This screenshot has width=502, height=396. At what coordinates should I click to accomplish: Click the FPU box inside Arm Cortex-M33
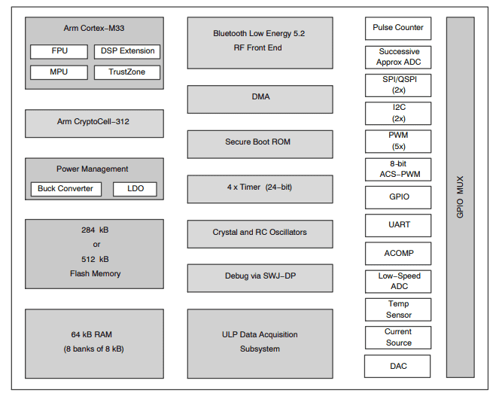[59, 52]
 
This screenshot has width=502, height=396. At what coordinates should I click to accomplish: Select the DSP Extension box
[127, 52]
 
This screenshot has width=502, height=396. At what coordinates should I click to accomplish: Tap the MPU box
[59, 73]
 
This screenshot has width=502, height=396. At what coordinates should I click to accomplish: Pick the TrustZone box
[127, 73]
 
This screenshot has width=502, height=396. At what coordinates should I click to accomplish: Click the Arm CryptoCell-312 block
[94, 122]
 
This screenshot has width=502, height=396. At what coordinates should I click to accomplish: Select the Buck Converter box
[65, 189]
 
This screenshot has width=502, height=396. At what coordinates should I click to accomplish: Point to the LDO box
[135, 189]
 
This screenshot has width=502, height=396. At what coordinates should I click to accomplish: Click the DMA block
[260, 98]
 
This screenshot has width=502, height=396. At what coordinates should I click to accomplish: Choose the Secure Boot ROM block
[260, 142]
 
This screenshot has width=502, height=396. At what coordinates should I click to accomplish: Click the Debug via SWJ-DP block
[260, 277]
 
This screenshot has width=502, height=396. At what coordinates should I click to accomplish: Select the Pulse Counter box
[398, 28]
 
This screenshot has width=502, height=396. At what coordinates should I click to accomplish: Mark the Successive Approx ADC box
[398, 58]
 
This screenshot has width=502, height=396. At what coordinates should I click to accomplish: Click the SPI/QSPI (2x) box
[398, 85]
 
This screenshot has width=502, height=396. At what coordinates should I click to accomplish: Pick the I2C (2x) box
[398, 113]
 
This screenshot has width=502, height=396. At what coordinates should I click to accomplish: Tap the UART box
[398, 225]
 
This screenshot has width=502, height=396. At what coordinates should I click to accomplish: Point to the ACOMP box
[398, 254]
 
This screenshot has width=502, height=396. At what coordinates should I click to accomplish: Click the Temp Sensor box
[398, 309]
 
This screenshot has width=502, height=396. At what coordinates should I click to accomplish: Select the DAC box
[398, 366]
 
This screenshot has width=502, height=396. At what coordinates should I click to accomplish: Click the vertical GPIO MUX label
[460, 198]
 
